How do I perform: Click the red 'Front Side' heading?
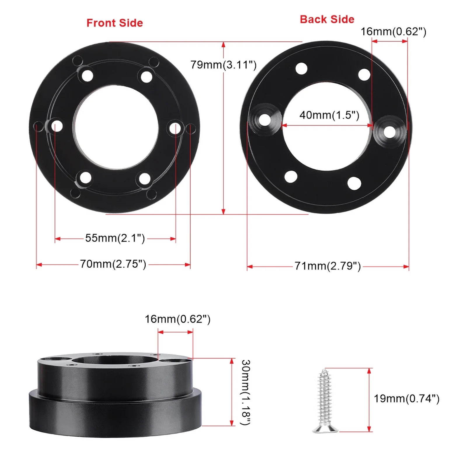coord(115,23)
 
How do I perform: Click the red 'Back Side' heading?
coord(327,19)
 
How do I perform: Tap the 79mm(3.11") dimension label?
coord(224,65)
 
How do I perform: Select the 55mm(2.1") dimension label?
coord(115,238)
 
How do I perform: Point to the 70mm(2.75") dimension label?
coord(113,264)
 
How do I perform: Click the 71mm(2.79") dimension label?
coord(327,266)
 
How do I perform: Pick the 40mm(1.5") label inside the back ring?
coord(329,115)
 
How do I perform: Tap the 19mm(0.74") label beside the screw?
coord(407,398)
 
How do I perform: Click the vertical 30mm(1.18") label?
coord(246,392)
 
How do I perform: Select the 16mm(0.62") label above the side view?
coord(177,319)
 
